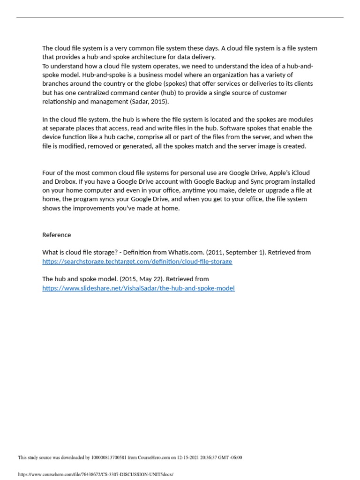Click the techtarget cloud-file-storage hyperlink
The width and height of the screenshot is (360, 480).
pos(137,262)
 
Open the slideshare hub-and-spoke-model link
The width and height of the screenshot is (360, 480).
pos(138,288)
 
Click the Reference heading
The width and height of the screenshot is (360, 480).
pos(57,235)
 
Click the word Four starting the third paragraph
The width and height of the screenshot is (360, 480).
pos(49,172)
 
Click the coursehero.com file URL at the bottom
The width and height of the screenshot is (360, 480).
pos(96,474)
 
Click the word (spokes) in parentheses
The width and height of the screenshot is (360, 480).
pos(178,83)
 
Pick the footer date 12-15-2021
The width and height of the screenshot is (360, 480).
pos(184,457)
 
